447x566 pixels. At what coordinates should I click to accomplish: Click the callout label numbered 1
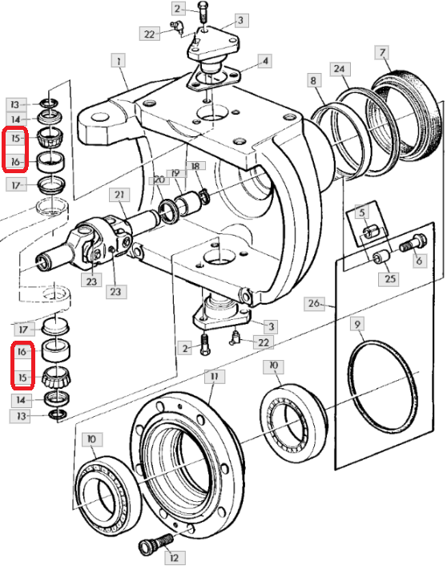[119, 61]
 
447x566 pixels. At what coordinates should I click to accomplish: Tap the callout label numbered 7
[382, 53]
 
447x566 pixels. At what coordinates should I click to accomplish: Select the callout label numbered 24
[340, 69]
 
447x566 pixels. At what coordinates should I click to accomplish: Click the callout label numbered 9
[356, 324]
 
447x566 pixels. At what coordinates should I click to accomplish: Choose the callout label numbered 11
[215, 377]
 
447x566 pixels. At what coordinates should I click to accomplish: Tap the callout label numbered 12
[174, 558]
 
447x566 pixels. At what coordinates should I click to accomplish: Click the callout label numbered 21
[119, 195]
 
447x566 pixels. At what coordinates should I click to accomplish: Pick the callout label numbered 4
[265, 61]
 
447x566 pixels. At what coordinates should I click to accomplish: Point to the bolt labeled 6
[413, 243]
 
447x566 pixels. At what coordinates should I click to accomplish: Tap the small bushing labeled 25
[381, 257]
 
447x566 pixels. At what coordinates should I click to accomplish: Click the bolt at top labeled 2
[203, 12]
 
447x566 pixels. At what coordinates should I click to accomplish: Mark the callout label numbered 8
[313, 80]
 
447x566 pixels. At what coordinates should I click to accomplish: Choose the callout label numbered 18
[195, 166]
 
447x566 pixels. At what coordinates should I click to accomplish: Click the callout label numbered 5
[362, 212]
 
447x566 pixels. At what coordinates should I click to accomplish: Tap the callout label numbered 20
[159, 180]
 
